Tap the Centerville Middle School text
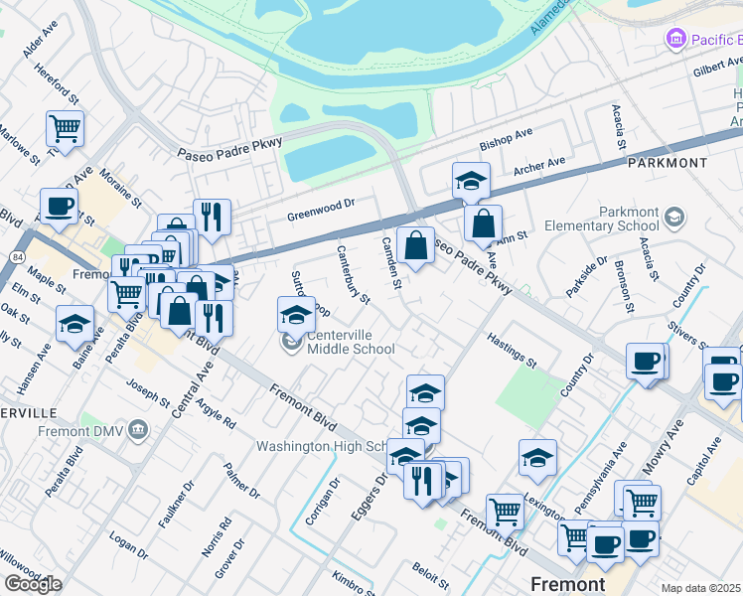[351, 341]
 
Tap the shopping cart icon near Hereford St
[65, 127]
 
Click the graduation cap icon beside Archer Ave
[471, 180]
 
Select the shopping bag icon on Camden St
[415, 244]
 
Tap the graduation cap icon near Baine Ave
[75, 325]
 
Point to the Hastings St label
[512, 352]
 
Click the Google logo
[33, 583]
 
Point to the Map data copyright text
[701, 588]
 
